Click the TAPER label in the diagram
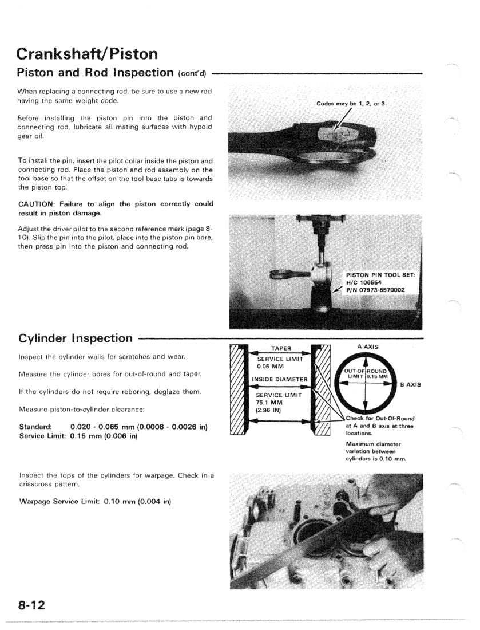[x=278, y=346]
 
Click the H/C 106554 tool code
[x=364, y=281]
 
